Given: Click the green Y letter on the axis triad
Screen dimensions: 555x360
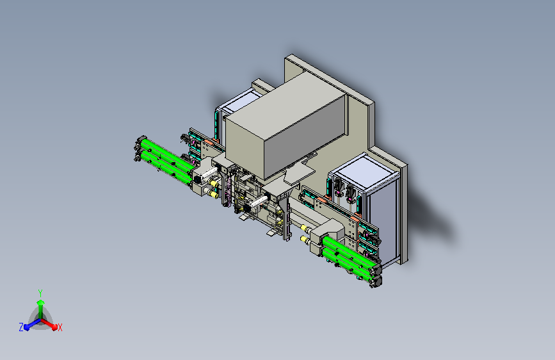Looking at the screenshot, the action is [x=40, y=293].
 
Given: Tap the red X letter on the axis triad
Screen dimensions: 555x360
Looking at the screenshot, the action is [x=60, y=328].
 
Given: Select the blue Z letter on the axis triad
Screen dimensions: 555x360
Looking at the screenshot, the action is [x=21, y=327].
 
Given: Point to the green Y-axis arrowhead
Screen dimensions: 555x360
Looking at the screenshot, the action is [x=41, y=302].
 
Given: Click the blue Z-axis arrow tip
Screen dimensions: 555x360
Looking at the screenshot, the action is [x=26, y=328].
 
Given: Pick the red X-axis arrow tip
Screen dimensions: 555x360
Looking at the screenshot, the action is [x=54, y=327].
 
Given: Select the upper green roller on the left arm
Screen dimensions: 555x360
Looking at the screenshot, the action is [x=167, y=154].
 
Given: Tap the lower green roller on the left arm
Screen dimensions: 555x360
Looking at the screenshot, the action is [x=166, y=167].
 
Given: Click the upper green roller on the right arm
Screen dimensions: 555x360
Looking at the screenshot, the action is [x=348, y=252].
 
